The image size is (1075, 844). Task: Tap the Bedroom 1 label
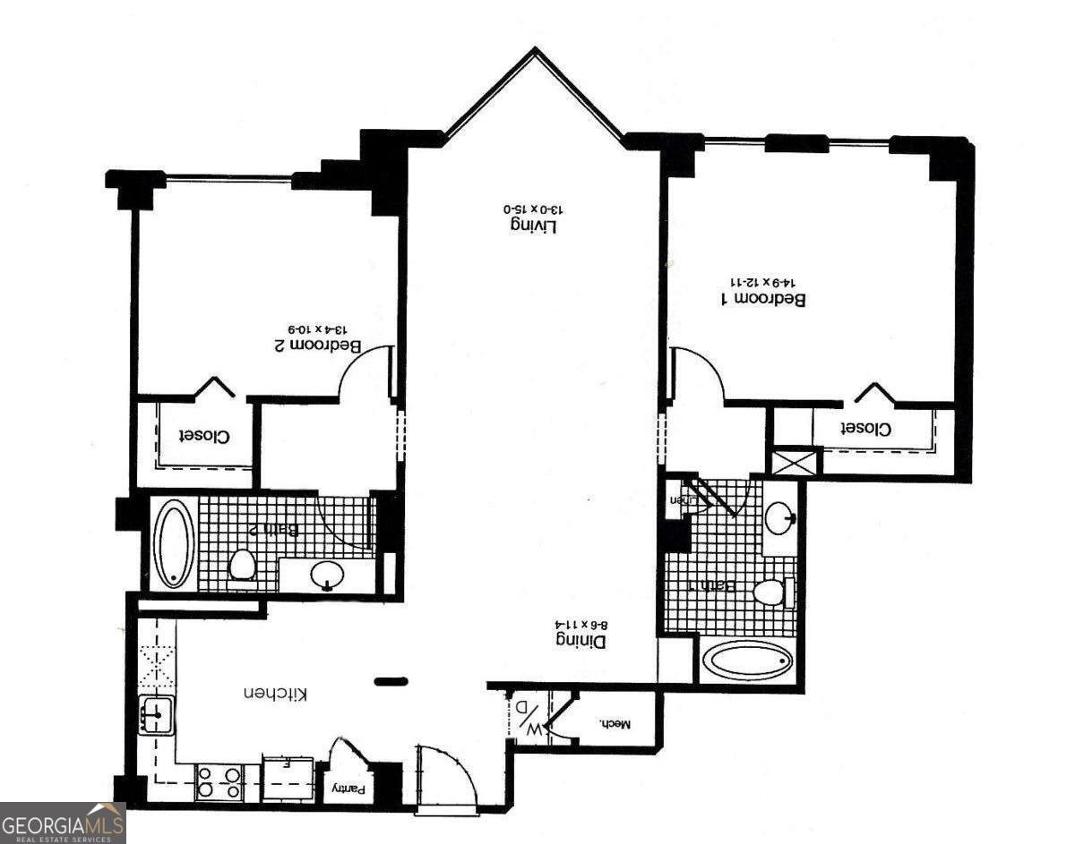click(x=763, y=299)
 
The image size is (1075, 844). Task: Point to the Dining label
click(x=580, y=641)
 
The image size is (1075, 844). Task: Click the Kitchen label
click(x=277, y=694)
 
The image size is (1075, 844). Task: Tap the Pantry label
click(x=349, y=789)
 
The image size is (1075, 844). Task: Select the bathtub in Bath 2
click(x=173, y=543)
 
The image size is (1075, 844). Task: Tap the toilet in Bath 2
click(x=242, y=566)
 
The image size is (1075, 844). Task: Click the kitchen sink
click(x=156, y=715)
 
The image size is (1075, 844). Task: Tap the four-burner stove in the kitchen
click(x=219, y=781)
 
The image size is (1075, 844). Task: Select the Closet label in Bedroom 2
click(x=204, y=436)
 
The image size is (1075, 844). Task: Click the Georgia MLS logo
click(x=63, y=823)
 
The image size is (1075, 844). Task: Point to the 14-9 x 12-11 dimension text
click(x=768, y=279)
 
